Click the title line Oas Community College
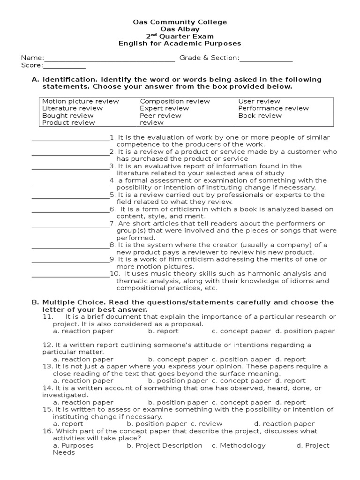pos(180,22)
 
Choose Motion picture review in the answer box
pos(81,101)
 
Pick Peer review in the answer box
pos(160,115)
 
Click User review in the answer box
pos(259,101)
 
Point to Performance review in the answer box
pos(273,108)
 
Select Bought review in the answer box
pos(68,115)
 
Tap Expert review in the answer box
pos(165,108)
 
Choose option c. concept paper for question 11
pos(241,331)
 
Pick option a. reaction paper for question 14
pos(83,402)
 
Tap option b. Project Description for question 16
pos(165,445)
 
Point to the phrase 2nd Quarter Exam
pos(180,36)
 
